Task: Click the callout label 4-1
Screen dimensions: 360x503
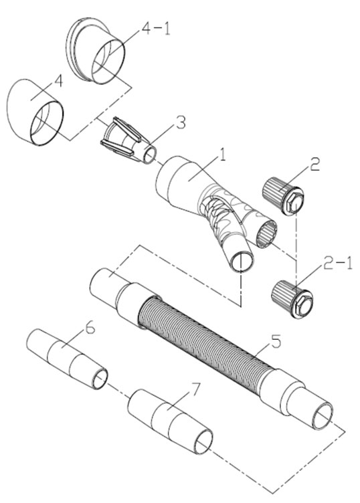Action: (x=156, y=29)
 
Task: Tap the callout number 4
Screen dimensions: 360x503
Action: (x=58, y=81)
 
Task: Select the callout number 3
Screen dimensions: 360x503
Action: (x=181, y=123)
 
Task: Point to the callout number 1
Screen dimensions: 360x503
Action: (x=222, y=155)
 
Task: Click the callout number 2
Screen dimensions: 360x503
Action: (x=314, y=164)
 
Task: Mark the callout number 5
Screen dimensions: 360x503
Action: (x=276, y=341)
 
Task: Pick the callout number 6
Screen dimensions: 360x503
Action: (x=90, y=328)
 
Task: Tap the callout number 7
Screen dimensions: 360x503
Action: (x=195, y=390)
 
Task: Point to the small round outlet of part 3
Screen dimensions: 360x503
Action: (x=150, y=155)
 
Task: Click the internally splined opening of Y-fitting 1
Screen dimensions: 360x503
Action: (x=266, y=234)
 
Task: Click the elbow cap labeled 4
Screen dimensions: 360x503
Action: (x=35, y=113)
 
